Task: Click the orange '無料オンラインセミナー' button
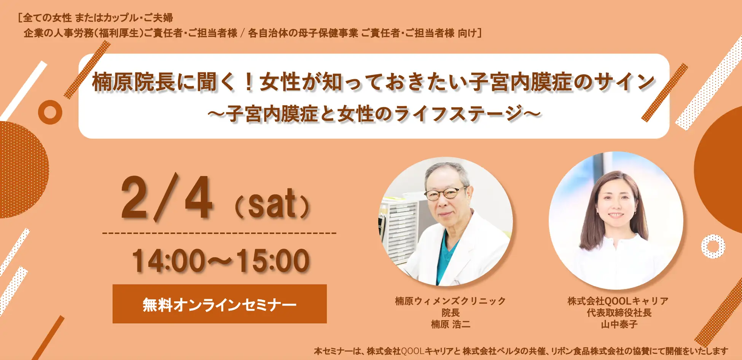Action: click(220, 304)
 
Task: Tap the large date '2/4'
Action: click(166, 198)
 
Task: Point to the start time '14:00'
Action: click(169, 261)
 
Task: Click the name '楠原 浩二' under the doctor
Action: click(451, 324)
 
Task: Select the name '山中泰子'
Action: click(619, 324)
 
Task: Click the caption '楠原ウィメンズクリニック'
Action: click(451, 301)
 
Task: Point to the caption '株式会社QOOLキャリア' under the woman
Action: click(618, 301)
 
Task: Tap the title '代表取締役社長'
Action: click(619, 313)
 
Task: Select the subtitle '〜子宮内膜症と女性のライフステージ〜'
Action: click(374, 114)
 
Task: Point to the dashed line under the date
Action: click(219, 233)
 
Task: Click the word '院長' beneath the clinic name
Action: click(451, 313)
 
